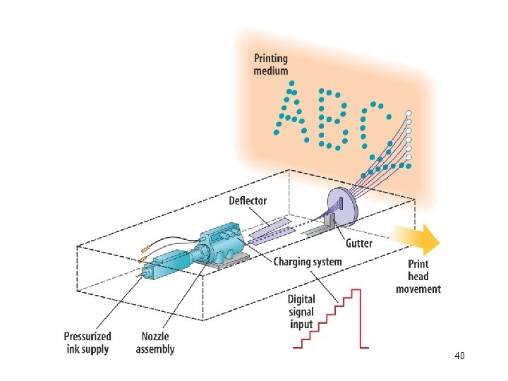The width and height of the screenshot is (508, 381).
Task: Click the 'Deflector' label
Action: tap(248, 201)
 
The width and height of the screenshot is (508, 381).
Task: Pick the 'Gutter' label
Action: tap(360, 243)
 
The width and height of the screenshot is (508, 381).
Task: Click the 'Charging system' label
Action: tap(308, 262)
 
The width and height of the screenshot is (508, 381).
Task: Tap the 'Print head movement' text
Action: tap(418, 276)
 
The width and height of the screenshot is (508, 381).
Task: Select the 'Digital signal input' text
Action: tap(301, 311)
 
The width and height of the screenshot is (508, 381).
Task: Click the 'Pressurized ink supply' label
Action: tap(87, 343)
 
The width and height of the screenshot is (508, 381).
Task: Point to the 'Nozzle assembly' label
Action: tap(155, 343)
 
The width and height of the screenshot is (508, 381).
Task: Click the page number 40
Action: tap(459, 356)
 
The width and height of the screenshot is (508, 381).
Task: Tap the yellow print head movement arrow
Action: tap(417, 238)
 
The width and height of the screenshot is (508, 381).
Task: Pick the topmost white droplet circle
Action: tap(409, 114)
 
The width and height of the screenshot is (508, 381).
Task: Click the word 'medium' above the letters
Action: tap(271, 71)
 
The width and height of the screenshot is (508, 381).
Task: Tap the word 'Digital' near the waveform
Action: tap(301, 299)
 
